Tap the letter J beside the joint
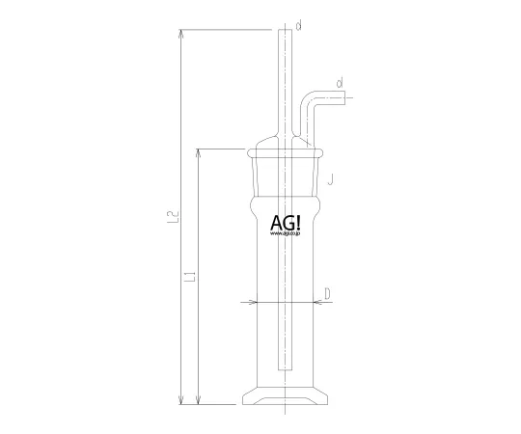coord(330,178)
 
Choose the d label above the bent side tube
coord(341,85)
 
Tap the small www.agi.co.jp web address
coord(287,234)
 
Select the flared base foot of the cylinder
coord(287,397)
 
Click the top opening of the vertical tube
coord(287,32)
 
